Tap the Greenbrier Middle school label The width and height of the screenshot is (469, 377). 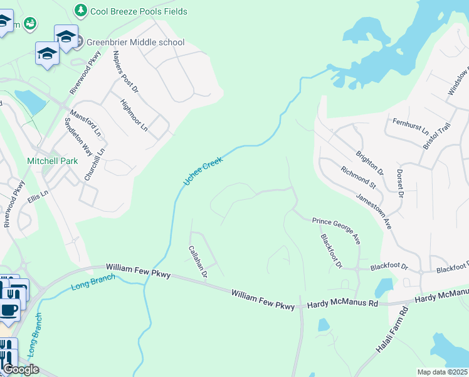click(x=136, y=42)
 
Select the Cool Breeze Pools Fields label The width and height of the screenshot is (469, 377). click(x=139, y=11)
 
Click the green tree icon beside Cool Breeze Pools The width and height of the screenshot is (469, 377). click(x=81, y=10)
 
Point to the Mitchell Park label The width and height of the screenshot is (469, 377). click(x=53, y=161)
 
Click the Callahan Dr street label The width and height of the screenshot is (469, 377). click(x=198, y=261)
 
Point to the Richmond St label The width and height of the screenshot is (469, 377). click(x=358, y=177)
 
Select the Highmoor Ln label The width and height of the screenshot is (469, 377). click(x=134, y=116)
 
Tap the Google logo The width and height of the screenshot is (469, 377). click(x=21, y=369)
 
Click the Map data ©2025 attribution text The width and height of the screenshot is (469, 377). click(x=443, y=372)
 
